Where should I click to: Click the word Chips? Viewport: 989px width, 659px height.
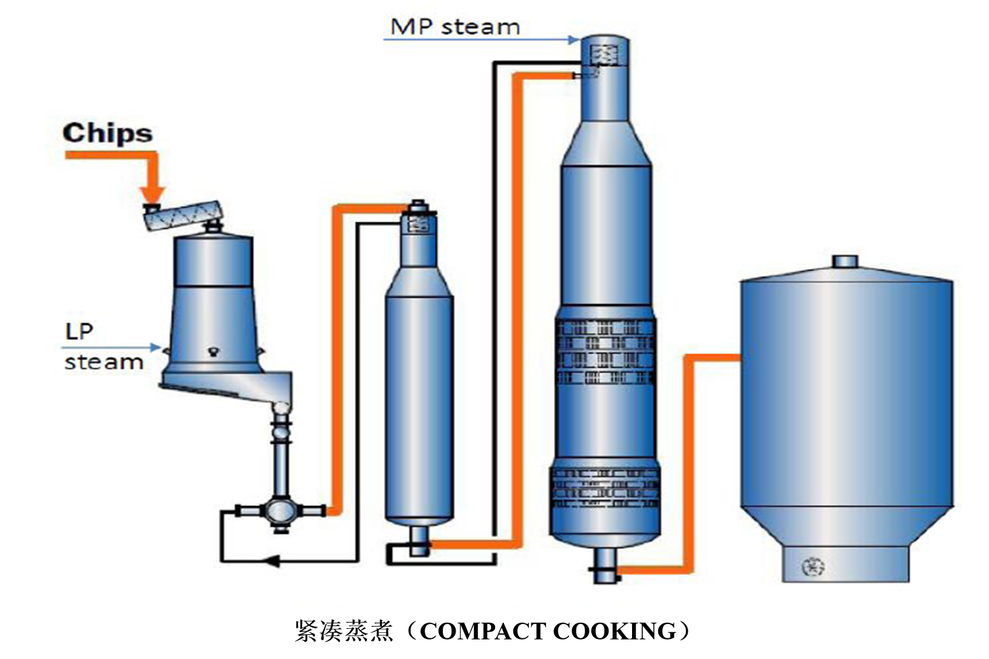pyautogui.click(x=107, y=133)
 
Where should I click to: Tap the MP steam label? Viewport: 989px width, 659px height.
pyautogui.click(x=455, y=27)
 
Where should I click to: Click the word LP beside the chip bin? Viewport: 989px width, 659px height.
pyautogui.click(x=79, y=331)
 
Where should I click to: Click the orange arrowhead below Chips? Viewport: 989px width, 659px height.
pyautogui.click(x=152, y=195)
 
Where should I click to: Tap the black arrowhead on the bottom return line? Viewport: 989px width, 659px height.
pyautogui.click(x=271, y=560)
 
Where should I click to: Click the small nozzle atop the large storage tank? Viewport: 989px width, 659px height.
pyautogui.click(x=845, y=261)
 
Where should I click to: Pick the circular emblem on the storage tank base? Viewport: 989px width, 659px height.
pyautogui.click(x=813, y=567)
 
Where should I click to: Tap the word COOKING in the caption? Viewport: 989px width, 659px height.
pyautogui.click(x=615, y=632)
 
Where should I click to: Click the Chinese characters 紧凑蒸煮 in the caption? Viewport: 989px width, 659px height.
pyautogui.click(x=344, y=632)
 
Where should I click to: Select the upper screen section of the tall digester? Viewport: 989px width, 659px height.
pyautogui.click(x=605, y=351)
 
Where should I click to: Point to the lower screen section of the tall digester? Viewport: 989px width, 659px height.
pyautogui.click(x=605, y=487)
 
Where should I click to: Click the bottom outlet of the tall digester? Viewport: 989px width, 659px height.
pyautogui.click(x=604, y=564)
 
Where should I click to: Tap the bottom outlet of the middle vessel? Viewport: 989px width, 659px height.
pyautogui.click(x=419, y=541)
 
